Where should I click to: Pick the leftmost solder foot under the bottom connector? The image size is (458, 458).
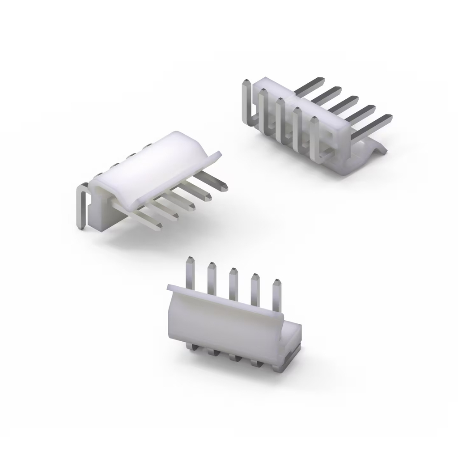[191, 347]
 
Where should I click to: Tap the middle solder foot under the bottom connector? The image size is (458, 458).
[233, 357]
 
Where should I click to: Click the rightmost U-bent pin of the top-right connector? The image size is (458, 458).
[316, 139]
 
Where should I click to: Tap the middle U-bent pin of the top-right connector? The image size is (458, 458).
[281, 121]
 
